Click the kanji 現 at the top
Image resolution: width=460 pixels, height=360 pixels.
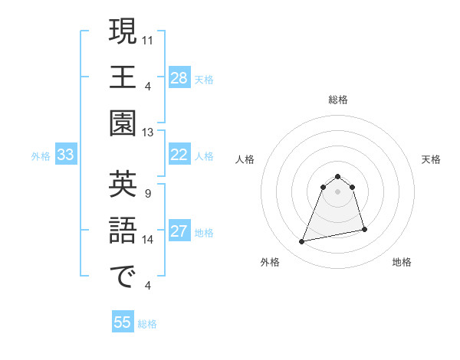[123, 31]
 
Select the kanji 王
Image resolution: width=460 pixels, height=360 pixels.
[123, 78]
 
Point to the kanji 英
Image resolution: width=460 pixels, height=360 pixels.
[123, 185]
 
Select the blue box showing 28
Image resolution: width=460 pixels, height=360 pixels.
[179, 78]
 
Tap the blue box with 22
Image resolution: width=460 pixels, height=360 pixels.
[179, 155]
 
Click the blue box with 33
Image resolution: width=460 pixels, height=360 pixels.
[66, 155]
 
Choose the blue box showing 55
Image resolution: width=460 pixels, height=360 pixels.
[123, 322]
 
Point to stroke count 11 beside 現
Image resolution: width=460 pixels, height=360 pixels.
[149, 38]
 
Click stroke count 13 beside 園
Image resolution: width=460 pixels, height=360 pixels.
[149, 132]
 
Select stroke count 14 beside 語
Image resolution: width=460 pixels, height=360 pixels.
[149, 239]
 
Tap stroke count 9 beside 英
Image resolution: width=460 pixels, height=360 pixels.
[147, 192]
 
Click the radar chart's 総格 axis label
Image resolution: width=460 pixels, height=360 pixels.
[338, 100]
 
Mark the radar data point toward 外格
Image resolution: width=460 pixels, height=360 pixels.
[302, 242]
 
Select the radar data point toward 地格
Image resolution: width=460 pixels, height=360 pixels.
[364, 229]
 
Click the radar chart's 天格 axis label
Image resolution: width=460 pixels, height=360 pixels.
[432, 159]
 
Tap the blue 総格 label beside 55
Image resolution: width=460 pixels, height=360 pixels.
[147, 324]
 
